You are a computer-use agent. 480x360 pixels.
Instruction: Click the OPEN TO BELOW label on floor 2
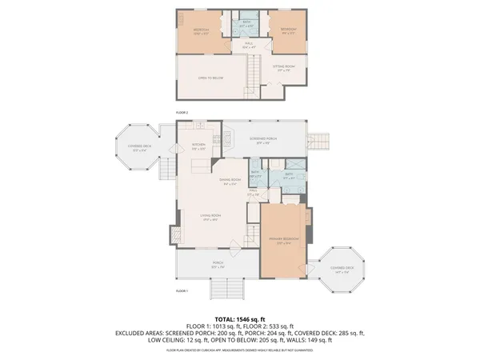point(210,78)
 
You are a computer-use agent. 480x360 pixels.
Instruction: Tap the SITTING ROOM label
point(284,69)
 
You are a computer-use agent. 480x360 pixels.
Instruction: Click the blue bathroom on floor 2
point(247,25)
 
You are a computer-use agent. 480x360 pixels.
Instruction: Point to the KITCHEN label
point(198,146)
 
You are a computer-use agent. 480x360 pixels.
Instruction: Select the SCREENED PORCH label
point(264,139)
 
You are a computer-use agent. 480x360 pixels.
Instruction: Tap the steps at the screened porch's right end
point(318,142)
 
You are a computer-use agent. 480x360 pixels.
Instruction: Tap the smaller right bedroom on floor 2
point(288,32)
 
